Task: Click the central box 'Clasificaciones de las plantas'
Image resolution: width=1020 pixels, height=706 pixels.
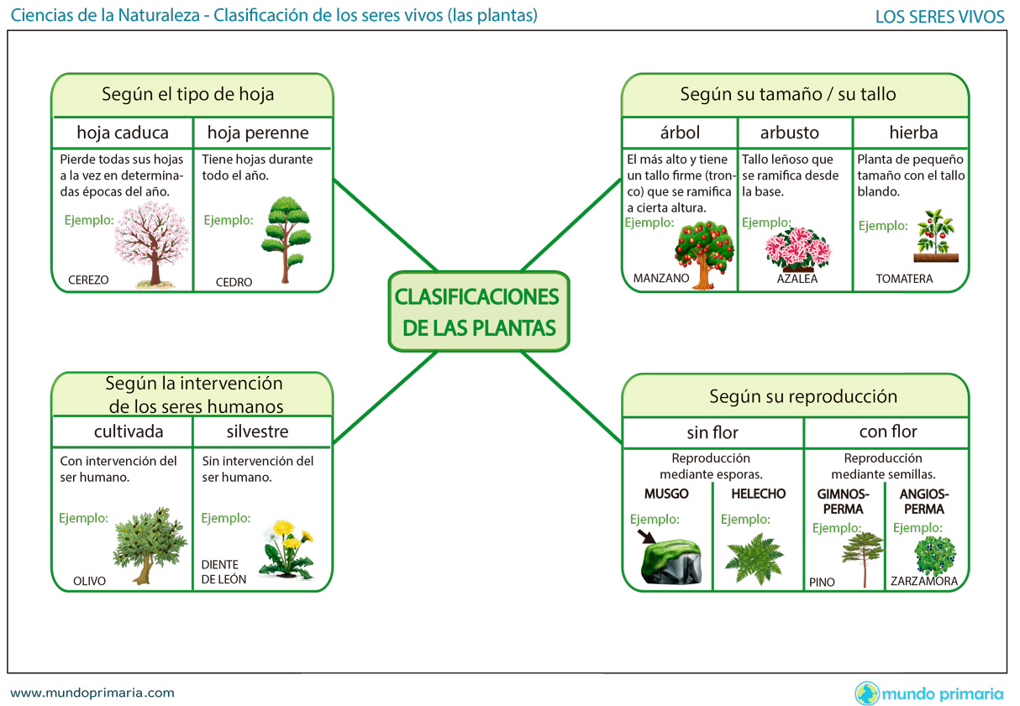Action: tap(478, 311)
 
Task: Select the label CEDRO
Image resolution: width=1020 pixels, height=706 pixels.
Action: tap(234, 282)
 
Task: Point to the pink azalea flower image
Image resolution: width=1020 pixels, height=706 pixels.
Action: tap(797, 248)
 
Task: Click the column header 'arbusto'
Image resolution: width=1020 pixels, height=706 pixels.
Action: tap(789, 133)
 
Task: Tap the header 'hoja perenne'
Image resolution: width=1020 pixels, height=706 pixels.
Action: tap(258, 133)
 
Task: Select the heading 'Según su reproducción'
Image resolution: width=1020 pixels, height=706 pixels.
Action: tap(802, 396)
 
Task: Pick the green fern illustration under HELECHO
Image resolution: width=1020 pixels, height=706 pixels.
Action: tap(754, 557)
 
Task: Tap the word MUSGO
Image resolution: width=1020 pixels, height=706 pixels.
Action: tap(666, 494)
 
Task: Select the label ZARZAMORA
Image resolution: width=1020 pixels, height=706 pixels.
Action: tap(924, 581)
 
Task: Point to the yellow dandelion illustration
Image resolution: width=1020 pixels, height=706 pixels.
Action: tap(287, 549)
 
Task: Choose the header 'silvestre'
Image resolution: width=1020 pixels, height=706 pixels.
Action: tap(257, 431)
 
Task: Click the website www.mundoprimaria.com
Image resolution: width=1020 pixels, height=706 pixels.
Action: tap(92, 693)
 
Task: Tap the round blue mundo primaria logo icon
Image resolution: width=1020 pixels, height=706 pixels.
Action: tap(866, 693)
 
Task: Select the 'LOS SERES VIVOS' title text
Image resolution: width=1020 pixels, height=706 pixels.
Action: tap(939, 17)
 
